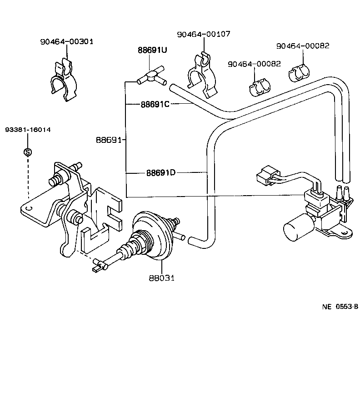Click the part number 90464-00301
pos(66,41)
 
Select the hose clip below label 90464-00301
pos(64,79)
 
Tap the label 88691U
pos(152,50)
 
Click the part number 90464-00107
pos(204,34)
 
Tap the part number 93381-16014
pos(28,130)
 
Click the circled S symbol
pos(27,152)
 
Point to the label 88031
pos(161,278)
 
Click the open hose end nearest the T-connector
pos(172,87)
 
